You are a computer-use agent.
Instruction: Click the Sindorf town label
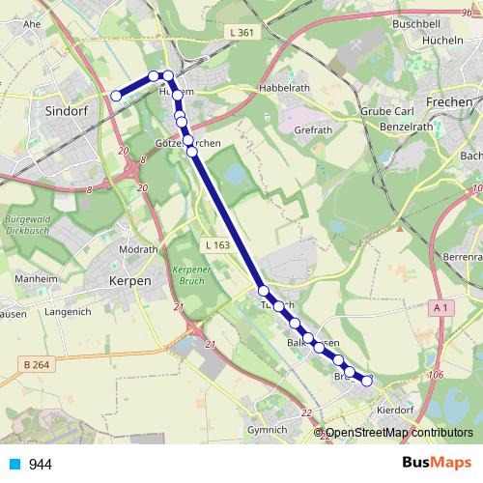[x=68, y=111]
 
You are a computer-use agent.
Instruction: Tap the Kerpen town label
[x=130, y=280]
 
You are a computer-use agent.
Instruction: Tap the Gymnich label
[x=268, y=429]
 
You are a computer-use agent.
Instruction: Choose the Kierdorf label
[x=405, y=410]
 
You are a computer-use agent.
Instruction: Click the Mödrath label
[x=136, y=248]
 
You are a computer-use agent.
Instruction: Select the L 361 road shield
[x=242, y=33]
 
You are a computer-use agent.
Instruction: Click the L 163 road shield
[x=216, y=246]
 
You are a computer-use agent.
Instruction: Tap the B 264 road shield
[x=34, y=364]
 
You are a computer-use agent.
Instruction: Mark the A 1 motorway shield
[x=442, y=307]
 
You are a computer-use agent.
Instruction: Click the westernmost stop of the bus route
[x=116, y=95]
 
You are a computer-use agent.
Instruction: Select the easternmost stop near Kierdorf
[x=367, y=381]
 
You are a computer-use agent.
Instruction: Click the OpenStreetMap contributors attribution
[x=399, y=433]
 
